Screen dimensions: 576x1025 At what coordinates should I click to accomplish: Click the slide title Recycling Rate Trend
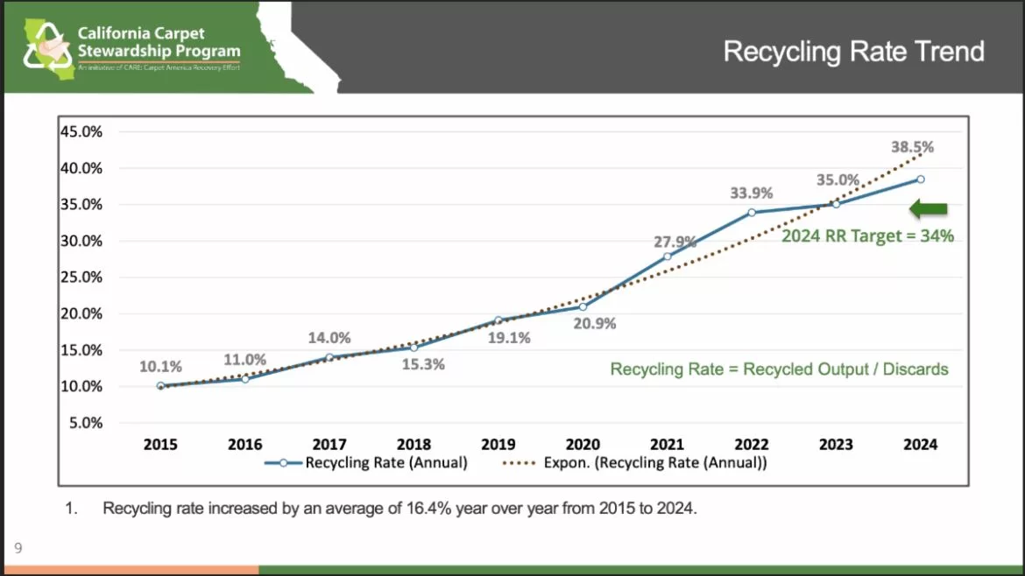853,52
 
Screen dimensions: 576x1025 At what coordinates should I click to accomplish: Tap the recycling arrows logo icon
47,47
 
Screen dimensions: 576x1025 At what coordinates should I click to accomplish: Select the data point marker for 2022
752,213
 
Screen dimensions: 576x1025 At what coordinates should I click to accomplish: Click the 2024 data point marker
920,179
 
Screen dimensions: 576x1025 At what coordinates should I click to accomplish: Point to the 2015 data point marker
160,386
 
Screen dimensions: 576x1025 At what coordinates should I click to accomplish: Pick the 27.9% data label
675,242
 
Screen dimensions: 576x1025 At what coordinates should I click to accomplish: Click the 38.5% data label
912,147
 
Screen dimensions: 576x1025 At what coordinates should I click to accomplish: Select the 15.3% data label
422,364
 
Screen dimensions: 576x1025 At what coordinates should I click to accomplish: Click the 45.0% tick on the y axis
81,131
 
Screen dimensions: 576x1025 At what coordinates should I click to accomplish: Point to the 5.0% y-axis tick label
85,423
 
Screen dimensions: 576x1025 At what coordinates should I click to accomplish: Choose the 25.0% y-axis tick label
81,277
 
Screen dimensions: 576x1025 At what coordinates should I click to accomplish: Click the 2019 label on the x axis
498,445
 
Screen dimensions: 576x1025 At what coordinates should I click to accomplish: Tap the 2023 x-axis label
836,445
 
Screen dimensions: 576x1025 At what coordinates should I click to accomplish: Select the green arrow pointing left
929,209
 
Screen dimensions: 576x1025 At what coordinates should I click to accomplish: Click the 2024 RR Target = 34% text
867,235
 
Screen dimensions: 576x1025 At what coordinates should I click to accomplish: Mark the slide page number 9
18,549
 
